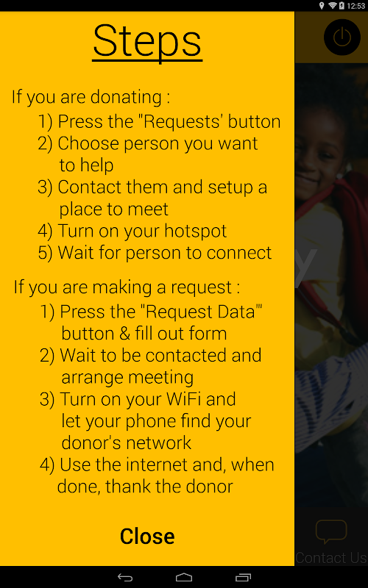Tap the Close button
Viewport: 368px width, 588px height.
tap(147, 536)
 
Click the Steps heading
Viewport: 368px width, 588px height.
tap(147, 41)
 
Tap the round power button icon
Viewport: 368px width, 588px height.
tap(342, 37)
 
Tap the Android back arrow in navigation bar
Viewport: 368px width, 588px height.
tap(125, 577)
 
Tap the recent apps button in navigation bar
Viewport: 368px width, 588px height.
tap(243, 577)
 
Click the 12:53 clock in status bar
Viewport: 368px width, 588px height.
tap(356, 6)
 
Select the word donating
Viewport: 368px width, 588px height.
tap(126, 98)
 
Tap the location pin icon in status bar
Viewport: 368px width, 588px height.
tap(322, 6)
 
